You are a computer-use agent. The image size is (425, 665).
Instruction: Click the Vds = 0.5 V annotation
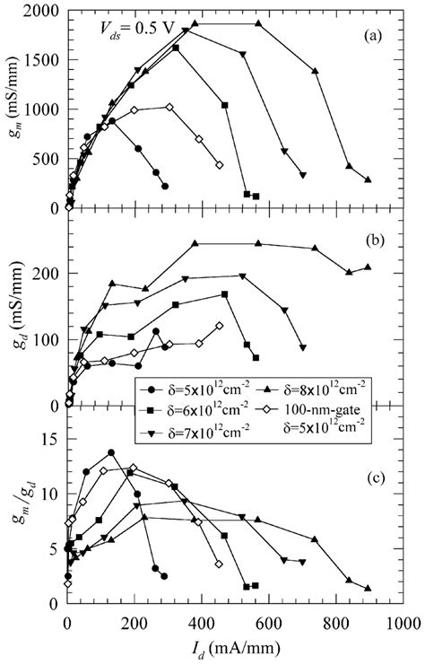(129, 28)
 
